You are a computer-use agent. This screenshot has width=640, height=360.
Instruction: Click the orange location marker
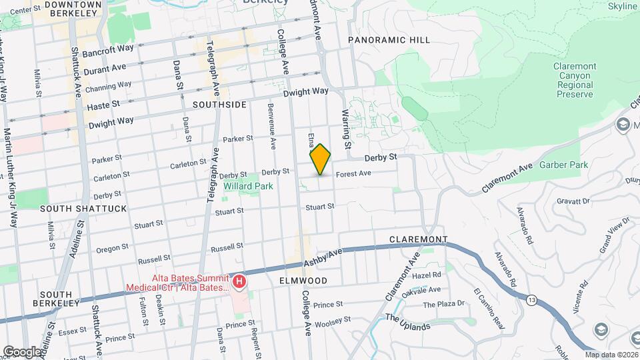[321, 159]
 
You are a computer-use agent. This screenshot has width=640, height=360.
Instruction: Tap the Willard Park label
[248, 187]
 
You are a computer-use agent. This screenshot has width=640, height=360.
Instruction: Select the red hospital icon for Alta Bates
[238, 281]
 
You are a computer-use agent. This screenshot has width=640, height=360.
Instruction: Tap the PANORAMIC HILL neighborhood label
[389, 40]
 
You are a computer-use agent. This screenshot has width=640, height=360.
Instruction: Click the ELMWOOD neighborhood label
[303, 281]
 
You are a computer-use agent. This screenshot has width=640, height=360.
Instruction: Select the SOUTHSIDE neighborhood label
[219, 105]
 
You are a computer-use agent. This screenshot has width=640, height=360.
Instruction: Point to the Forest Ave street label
[353, 174]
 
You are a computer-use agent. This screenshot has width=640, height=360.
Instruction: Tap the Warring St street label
[347, 129]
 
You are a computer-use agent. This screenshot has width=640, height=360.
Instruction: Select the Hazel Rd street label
[427, 274]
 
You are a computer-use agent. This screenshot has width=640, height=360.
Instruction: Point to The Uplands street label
[408, 321]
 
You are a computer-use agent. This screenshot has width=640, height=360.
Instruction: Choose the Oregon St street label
[107, 249]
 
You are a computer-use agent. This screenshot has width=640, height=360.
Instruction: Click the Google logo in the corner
[21, 352]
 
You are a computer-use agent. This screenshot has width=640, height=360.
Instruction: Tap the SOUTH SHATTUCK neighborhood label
[83, 209]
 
